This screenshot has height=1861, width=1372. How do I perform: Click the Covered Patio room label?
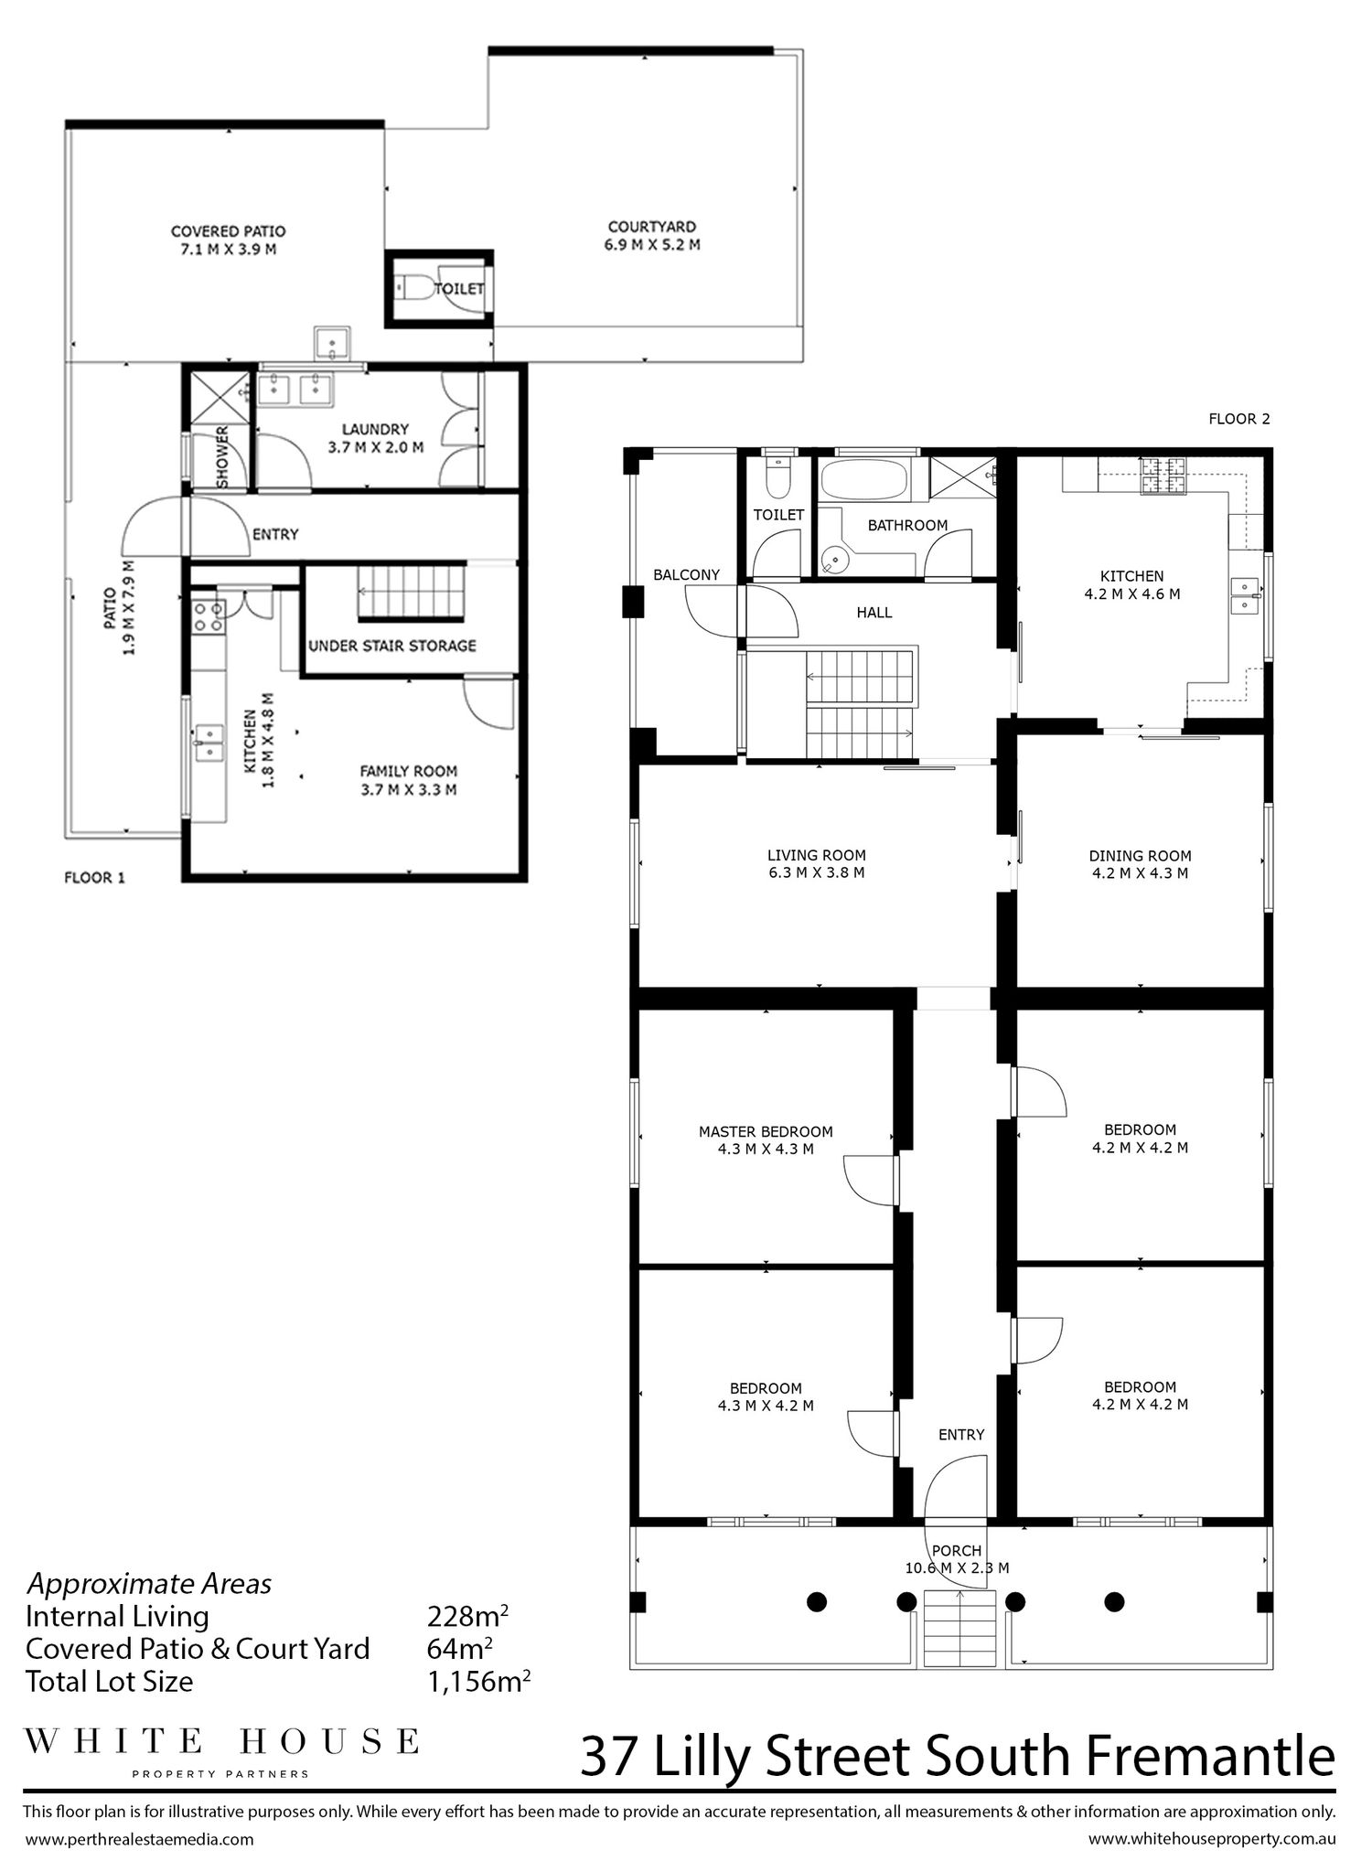coord(228,231)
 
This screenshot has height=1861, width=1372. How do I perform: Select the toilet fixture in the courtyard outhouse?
coord(415,289)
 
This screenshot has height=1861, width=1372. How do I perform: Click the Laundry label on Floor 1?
coord(375,429)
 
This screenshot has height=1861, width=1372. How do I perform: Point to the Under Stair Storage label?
coord(392,646)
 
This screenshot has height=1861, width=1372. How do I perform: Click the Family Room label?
coord(408,771)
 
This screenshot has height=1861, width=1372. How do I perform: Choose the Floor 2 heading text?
coord(1239,419)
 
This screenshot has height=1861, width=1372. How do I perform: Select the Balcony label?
coord(686,574)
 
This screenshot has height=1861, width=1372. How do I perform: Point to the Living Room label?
coord(816,855)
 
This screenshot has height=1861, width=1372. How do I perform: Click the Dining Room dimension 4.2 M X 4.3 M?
coord(1140,873)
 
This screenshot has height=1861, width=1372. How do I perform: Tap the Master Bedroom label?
coord(766,1131)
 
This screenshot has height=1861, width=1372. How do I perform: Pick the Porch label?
coord(957,1550)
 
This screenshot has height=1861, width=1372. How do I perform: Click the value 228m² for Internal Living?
coord(467,1616)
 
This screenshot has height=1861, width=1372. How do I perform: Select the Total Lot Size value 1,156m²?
coord(479,1681)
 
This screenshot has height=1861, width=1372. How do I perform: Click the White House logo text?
coord(221,1741)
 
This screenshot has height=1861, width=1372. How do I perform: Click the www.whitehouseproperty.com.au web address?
coord(1212,1838)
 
